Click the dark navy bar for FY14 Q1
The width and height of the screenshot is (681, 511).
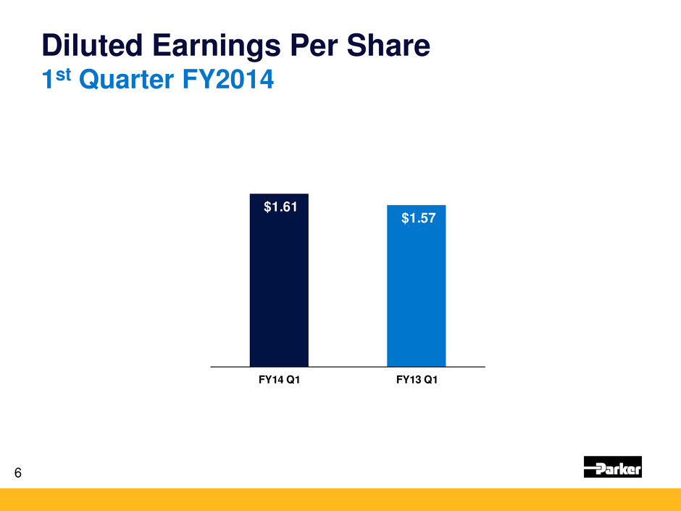(x=279, y=290)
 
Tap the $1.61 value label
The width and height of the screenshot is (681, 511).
(x=279, y=208)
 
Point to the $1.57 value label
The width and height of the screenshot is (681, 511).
(x=418, y=219)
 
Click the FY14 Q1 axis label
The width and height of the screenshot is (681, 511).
(x=279, y=382)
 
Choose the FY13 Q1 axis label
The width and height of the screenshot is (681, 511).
(x=417, y=382)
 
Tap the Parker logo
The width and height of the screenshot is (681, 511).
(x=612, y=468)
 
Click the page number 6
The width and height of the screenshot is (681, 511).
(x=18, y=473)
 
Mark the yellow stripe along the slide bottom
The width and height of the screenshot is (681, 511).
(x=340, y=499)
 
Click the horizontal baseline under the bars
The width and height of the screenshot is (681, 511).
(x=348, y=367)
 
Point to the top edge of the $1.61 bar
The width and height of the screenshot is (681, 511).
(x=279, y=194)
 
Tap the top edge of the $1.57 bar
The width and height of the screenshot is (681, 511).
(x=416, y=206)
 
